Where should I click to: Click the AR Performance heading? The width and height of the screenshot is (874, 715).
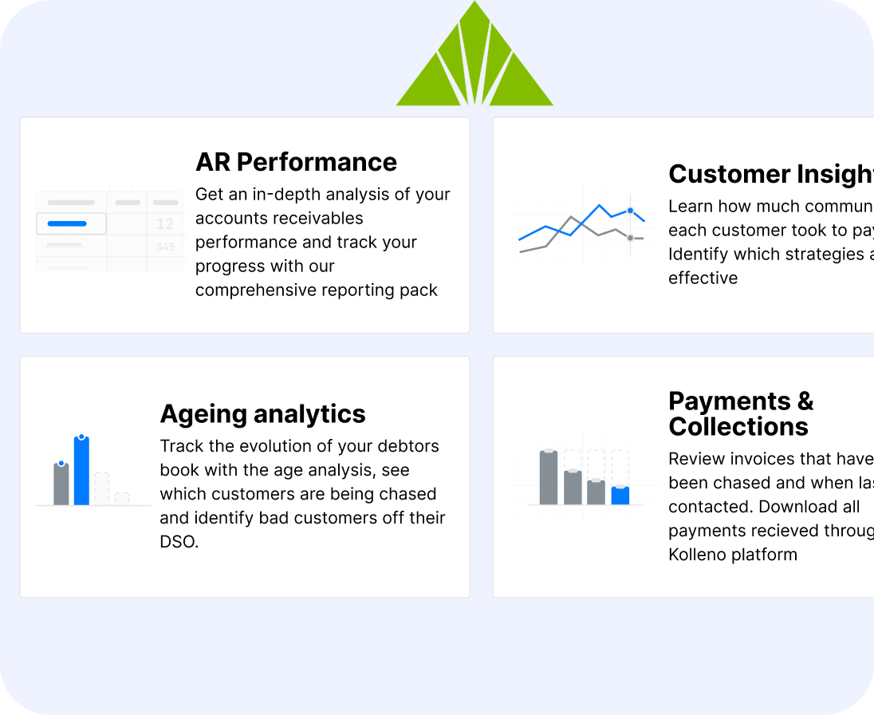click(296, 162)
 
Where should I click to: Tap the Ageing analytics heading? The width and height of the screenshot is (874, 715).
click(262, 414)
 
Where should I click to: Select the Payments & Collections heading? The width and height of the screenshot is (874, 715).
click(741, 413)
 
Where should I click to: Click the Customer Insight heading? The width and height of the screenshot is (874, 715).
click(770, 174)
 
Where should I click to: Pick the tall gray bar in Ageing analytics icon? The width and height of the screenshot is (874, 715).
click(61, 484)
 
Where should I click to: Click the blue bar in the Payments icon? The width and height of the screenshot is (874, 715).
click(620, 496)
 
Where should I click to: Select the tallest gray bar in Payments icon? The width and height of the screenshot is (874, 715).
click(548, 477)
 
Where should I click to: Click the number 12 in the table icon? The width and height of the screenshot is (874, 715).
click(165, 223)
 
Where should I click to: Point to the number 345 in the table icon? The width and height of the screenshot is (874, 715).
click(165, 247)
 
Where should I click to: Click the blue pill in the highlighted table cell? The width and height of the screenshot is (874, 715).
click(67, 223)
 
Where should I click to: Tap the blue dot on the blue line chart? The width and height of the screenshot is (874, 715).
click(630, 211)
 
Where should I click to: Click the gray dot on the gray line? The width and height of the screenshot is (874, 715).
click(630, 238)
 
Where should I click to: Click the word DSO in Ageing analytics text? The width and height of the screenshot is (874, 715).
click(177, 542)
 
